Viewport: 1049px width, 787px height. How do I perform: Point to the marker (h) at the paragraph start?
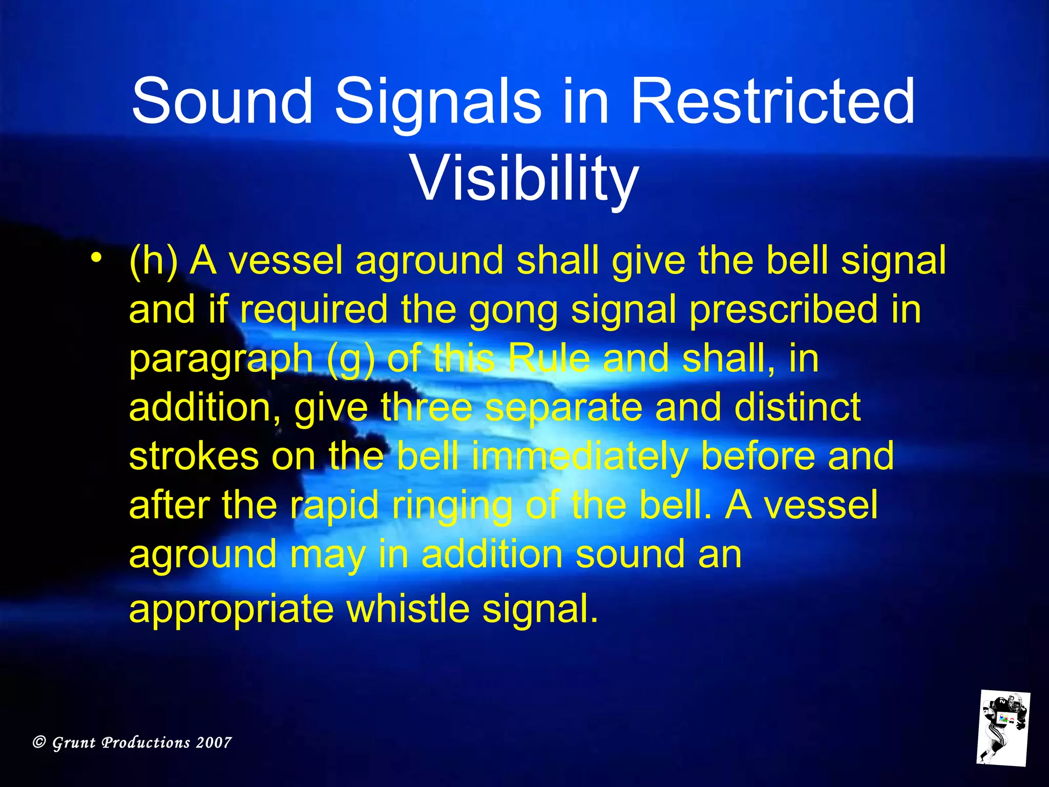153,261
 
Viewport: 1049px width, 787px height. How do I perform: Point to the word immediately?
579,457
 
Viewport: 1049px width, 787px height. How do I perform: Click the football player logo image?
1002,728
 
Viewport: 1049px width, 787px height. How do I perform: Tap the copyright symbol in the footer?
39,742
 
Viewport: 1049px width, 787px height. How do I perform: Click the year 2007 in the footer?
214,742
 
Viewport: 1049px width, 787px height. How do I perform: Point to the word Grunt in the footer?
74,743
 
